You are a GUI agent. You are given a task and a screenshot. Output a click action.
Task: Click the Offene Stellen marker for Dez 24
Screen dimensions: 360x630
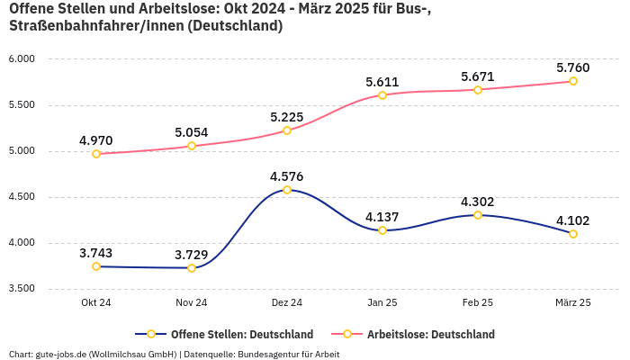point(287,190)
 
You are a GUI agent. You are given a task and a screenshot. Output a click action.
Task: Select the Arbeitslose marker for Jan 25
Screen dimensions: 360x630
point(382,95)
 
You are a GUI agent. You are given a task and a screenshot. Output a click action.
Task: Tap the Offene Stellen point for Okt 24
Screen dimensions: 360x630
point(96,266)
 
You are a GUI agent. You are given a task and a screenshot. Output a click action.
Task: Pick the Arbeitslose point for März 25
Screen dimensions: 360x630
point(573,81)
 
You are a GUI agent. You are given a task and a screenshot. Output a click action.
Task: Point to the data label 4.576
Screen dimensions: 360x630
point(287,175)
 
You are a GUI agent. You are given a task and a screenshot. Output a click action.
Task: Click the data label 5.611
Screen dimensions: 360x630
point(382,82)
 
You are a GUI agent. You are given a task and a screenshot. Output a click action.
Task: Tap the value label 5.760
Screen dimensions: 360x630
point(573,67)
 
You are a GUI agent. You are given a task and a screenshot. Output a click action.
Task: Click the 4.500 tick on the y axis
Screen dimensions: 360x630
point(20,197)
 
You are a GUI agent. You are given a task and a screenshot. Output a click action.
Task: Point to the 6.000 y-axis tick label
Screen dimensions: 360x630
point(20,59)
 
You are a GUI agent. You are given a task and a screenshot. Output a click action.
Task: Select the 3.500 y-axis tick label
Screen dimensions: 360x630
point(20,289)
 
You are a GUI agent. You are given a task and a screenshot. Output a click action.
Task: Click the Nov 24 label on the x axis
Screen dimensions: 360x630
point(192,303)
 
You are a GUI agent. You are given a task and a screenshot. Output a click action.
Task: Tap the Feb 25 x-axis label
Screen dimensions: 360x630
point(478,303)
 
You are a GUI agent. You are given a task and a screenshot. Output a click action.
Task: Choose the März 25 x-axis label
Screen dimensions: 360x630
point(573,303)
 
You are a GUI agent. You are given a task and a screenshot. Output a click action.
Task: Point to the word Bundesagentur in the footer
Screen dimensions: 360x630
point(266,354)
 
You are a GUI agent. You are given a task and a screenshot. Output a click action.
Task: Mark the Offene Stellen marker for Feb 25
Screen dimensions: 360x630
point(478,215)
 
